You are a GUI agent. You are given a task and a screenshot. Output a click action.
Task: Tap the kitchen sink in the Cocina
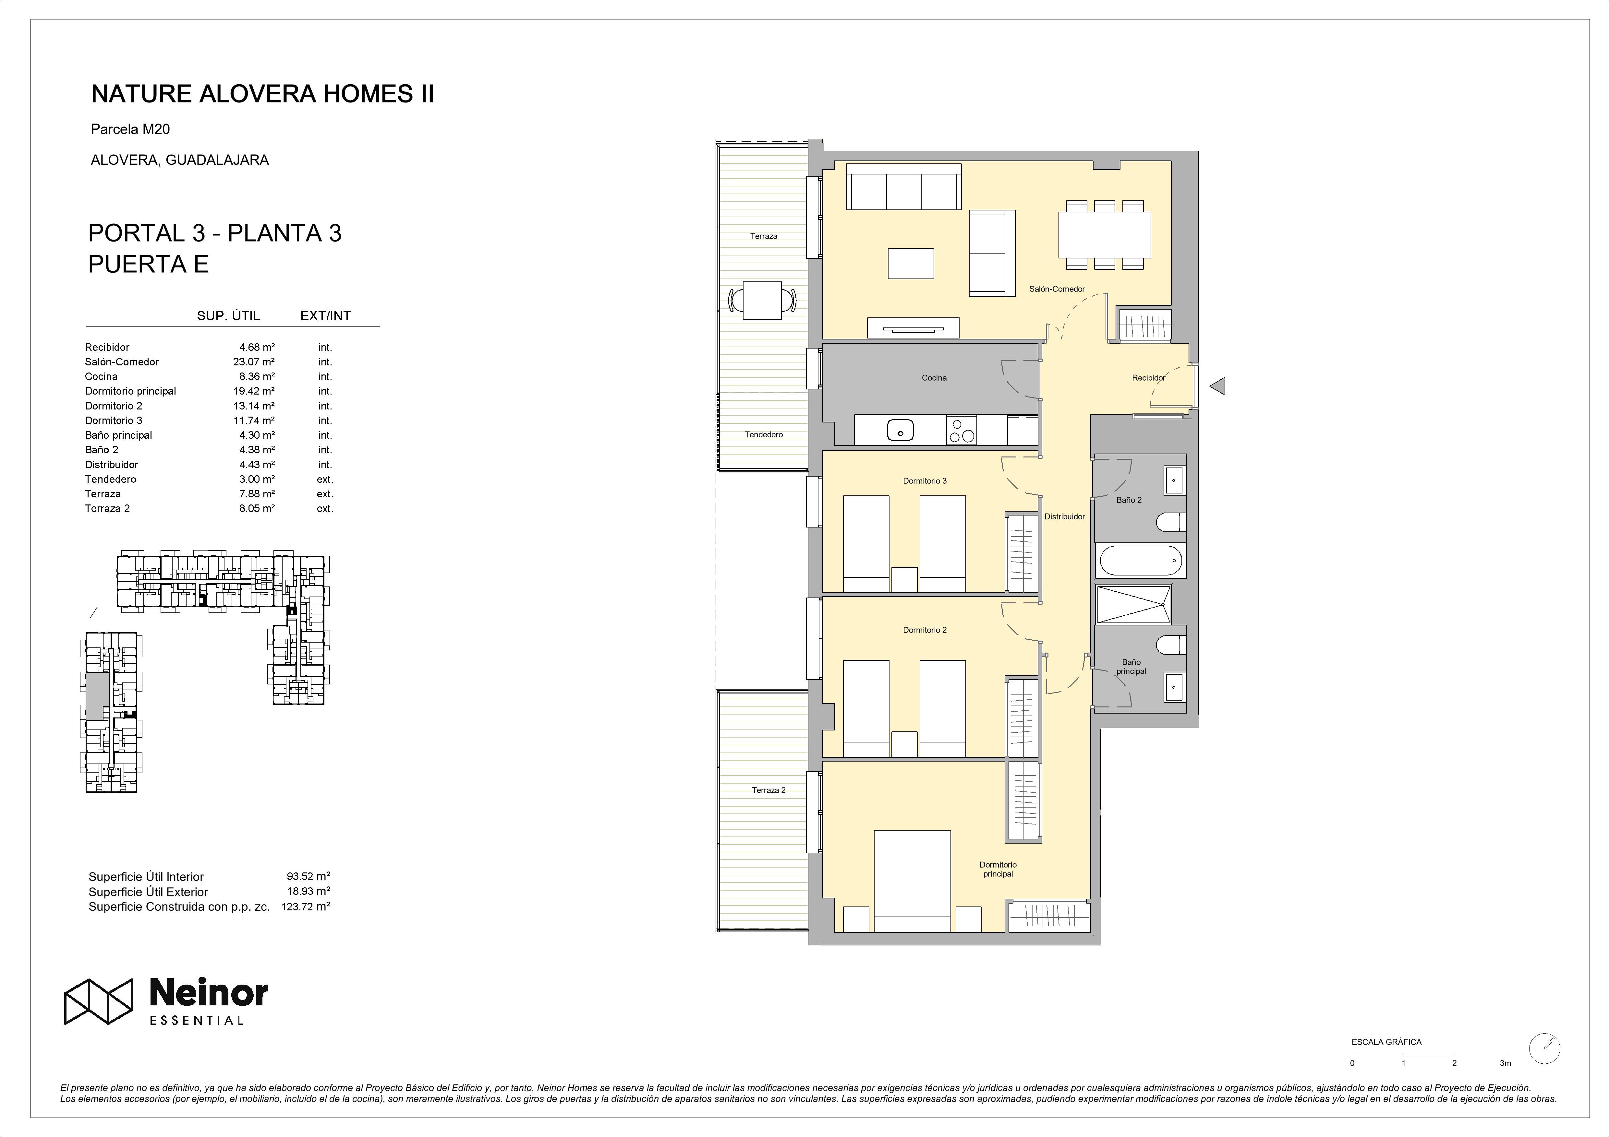click(x=900, y=430)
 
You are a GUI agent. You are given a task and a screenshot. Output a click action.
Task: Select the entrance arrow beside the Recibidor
click(x=1218, y=385)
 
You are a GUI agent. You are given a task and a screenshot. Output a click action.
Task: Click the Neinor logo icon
click(x=98, y=1001)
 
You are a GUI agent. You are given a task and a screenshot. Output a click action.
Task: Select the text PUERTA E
click(x=149, y=264)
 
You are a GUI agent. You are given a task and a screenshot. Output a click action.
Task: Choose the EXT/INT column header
click(x=325, y=316)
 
